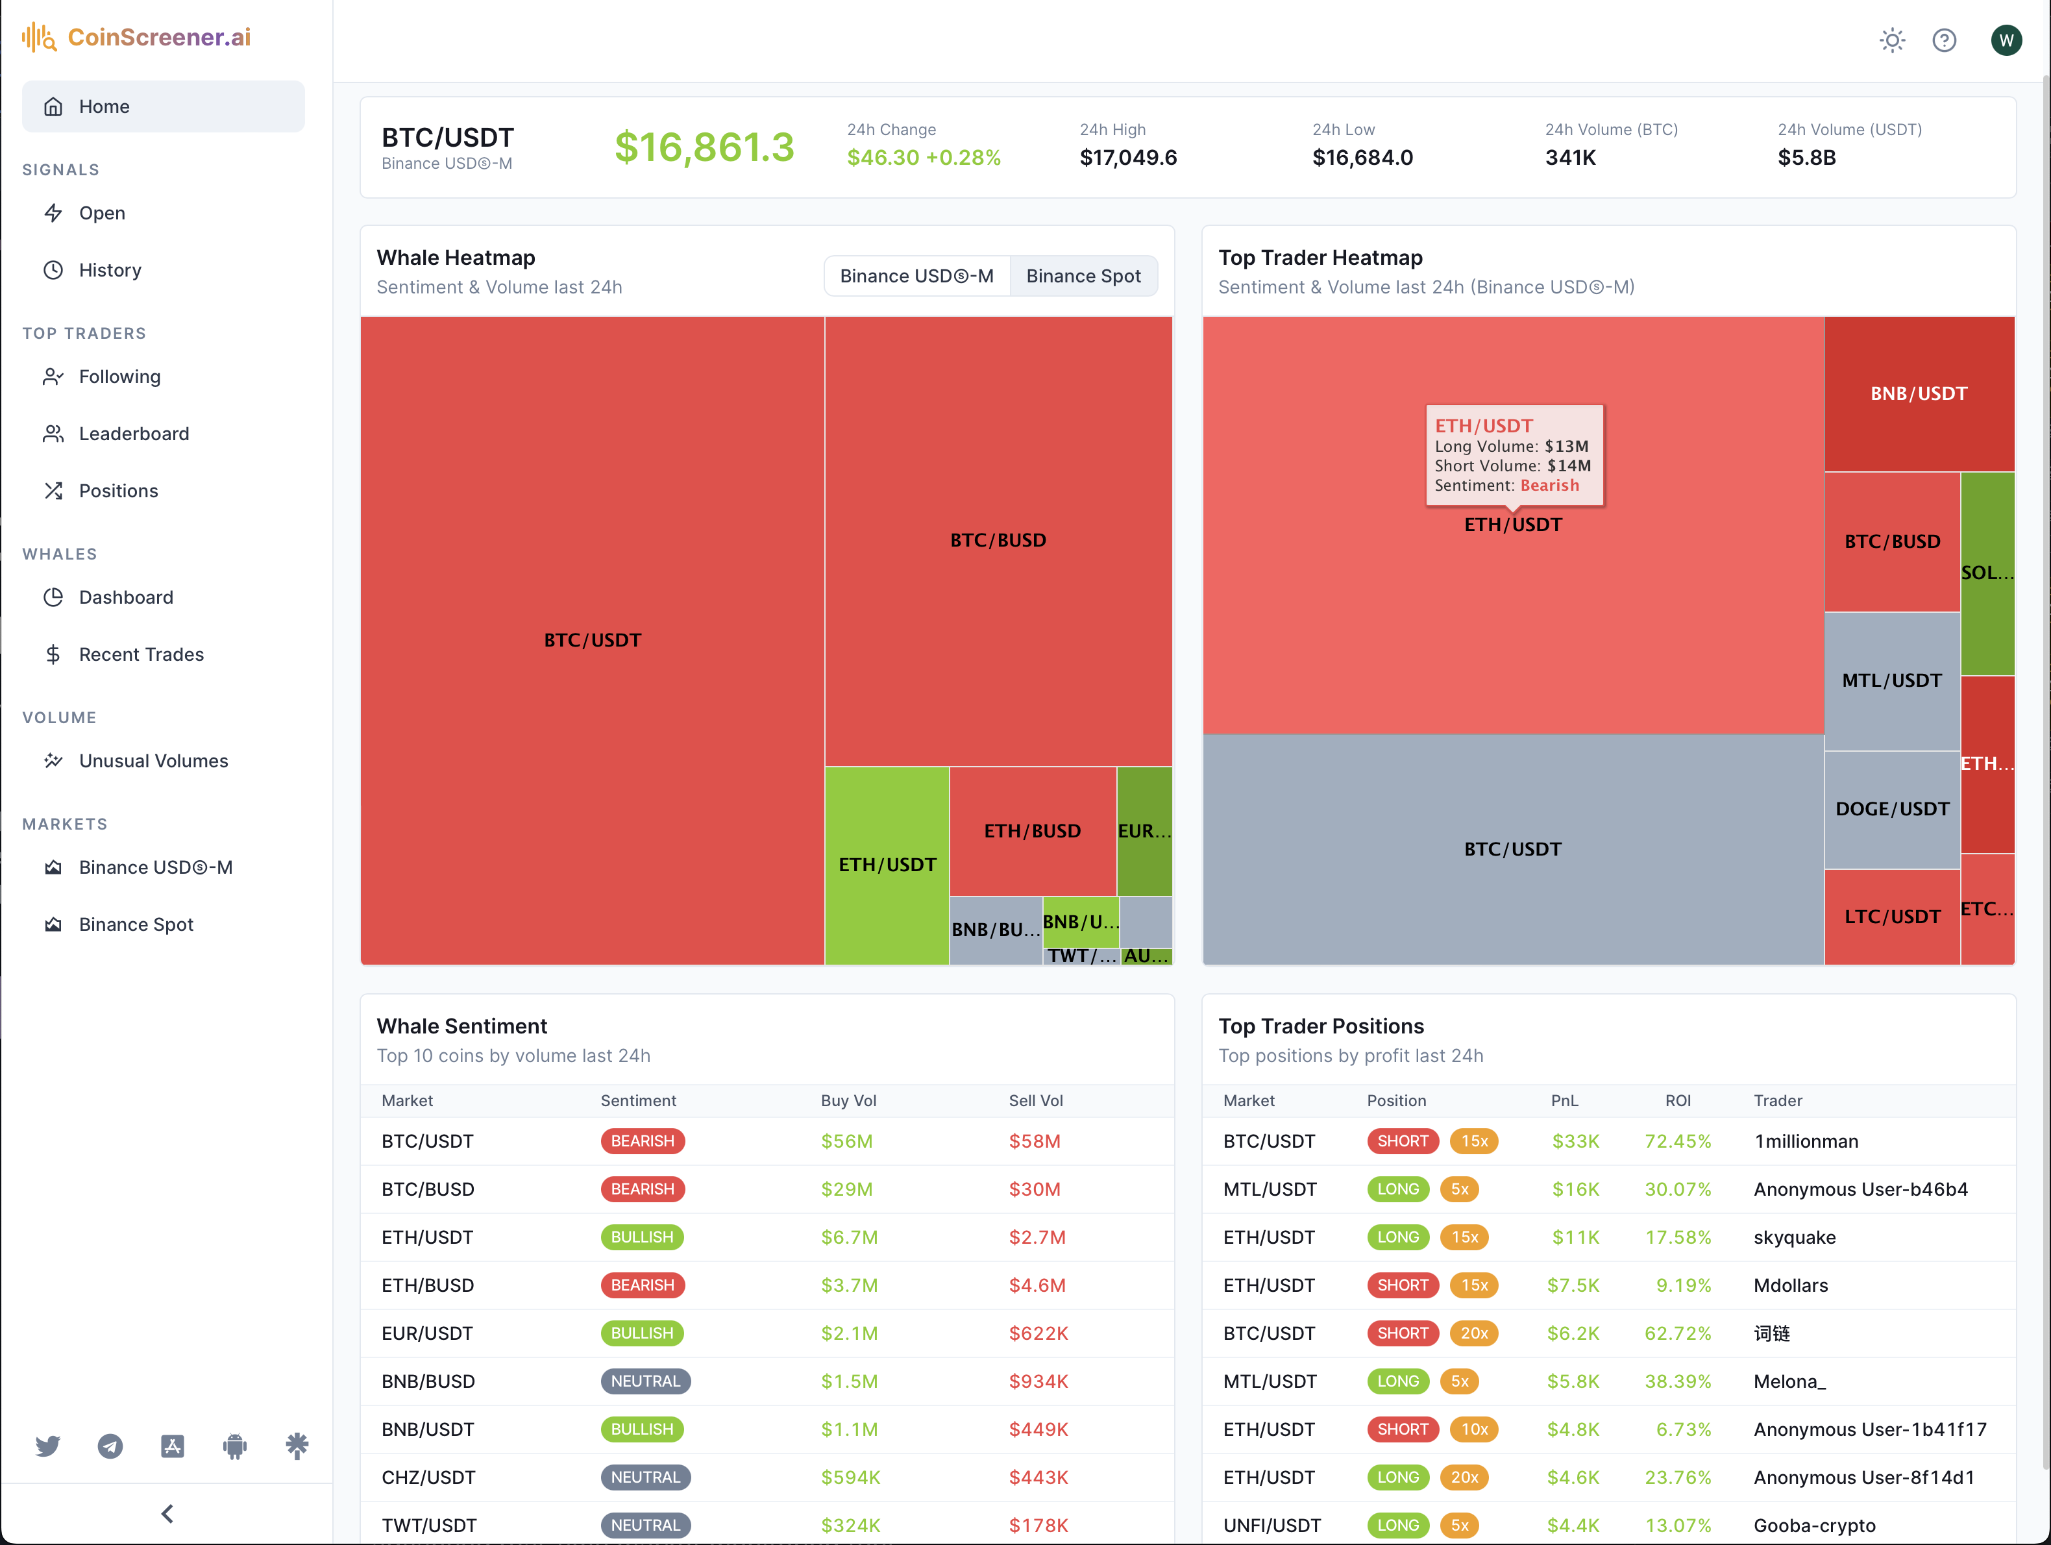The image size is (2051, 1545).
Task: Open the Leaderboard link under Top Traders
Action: point(134,434)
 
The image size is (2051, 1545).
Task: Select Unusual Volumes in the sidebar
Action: point(153,760)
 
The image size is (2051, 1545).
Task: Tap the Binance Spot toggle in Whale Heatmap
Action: point(1083,277)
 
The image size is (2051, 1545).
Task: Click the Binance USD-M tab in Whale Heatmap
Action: point(916,277)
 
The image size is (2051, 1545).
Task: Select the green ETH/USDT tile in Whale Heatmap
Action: point(887,864)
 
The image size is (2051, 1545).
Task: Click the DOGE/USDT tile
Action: point(1891,809)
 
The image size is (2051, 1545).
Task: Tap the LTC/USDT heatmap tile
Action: point(1891,916)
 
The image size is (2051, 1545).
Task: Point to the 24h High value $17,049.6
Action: point(1127,158)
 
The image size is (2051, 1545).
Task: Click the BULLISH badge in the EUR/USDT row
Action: point(642,1333)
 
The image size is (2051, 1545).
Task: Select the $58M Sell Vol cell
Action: point(1034,1141)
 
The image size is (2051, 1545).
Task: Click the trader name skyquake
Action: point(1794,1237)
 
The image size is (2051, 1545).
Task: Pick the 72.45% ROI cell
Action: point(1676,1141)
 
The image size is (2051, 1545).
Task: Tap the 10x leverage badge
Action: point(1473,1429)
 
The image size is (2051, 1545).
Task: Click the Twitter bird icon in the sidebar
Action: point(47,1446)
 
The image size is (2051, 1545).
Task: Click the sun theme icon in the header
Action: point(1891,40)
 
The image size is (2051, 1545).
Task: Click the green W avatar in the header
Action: point(2006,40)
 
